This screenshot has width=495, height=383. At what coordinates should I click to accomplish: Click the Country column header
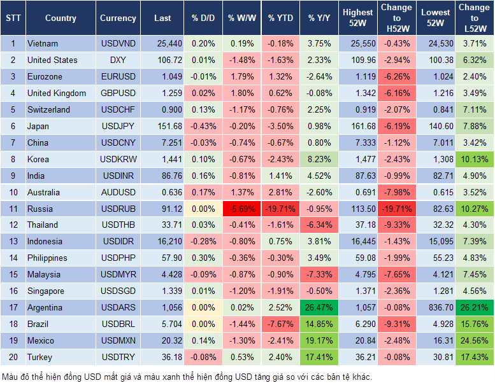(61, 18)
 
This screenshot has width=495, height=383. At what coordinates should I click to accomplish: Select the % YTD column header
(280, 18)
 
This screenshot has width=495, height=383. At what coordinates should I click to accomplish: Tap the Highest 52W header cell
(357, 18)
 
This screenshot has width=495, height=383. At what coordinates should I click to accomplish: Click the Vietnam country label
(43, 43)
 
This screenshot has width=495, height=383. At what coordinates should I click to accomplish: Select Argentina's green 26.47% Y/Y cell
(319, 308)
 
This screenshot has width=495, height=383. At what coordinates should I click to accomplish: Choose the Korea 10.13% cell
(473, 159)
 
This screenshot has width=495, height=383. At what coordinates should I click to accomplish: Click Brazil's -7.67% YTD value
(280, 324)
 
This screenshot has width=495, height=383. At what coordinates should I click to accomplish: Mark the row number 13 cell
(13, 242)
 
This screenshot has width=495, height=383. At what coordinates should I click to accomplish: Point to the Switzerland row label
(48, 109)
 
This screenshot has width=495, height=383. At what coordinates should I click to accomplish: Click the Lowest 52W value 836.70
(436, 308)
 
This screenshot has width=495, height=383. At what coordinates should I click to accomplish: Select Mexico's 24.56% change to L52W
(473, 341)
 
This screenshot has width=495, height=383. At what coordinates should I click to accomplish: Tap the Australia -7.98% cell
(396, 192)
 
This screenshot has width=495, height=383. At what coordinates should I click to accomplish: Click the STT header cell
(13, 18)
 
